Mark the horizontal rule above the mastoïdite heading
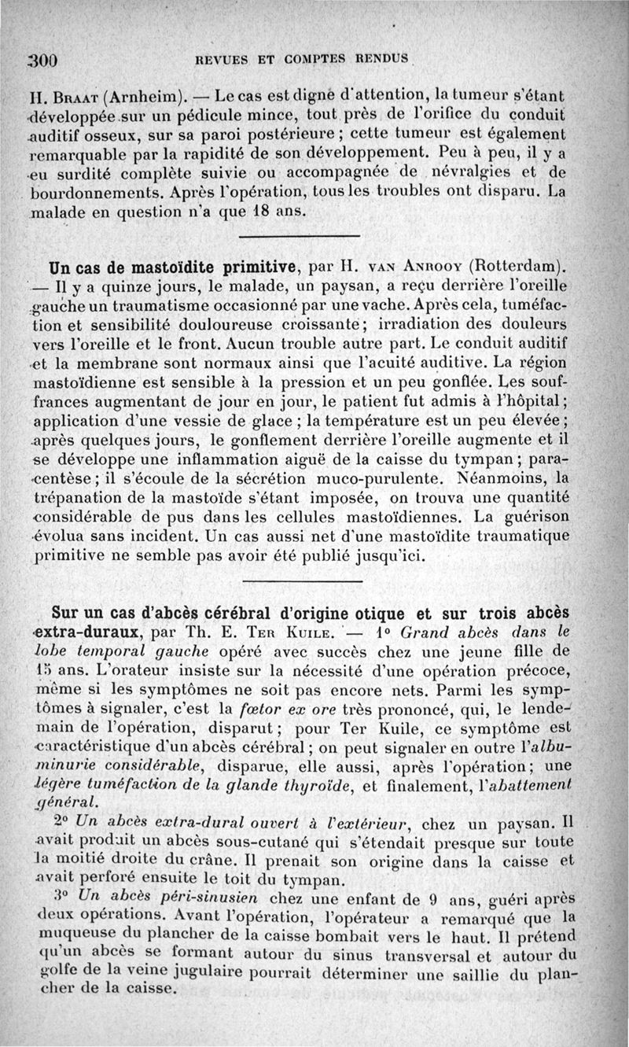(299, 237)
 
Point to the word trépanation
(84, 498)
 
